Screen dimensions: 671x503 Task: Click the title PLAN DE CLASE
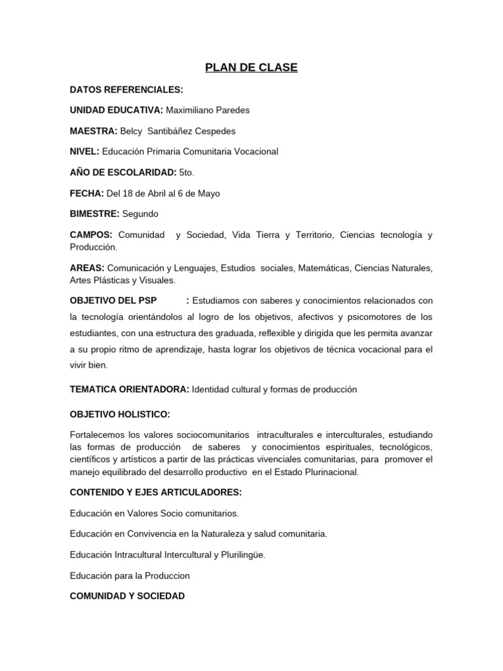(251, 67)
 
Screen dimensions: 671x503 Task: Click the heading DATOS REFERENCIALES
(126, 88)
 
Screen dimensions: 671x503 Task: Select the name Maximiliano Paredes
(208, 109)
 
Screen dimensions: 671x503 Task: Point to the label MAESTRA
(94, 130)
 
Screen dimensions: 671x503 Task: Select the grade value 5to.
(187, 172)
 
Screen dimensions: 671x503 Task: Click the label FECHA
(86, 193)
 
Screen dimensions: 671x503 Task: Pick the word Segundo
(140, 214)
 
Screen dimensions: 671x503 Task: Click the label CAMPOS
(91, 235)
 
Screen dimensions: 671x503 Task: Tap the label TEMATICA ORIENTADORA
(130, 389)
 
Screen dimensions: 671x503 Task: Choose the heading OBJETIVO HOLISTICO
(120, 414)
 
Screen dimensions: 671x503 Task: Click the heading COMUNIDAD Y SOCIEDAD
(127, 596)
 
